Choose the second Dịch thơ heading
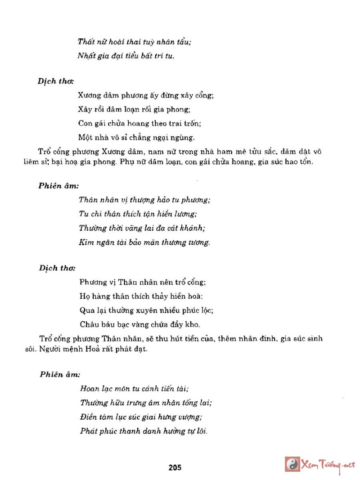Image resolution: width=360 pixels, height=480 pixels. pos(57,268)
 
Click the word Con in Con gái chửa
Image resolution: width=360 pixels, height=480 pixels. pos(85,123)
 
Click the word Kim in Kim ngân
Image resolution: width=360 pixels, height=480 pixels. pos(86,243)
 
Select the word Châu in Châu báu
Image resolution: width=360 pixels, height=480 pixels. pos(89,324)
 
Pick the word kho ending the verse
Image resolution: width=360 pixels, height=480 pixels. pos(193,324)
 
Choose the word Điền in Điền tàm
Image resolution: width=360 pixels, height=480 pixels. pos(89,417)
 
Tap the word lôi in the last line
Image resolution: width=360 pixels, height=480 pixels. pos(201,431)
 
